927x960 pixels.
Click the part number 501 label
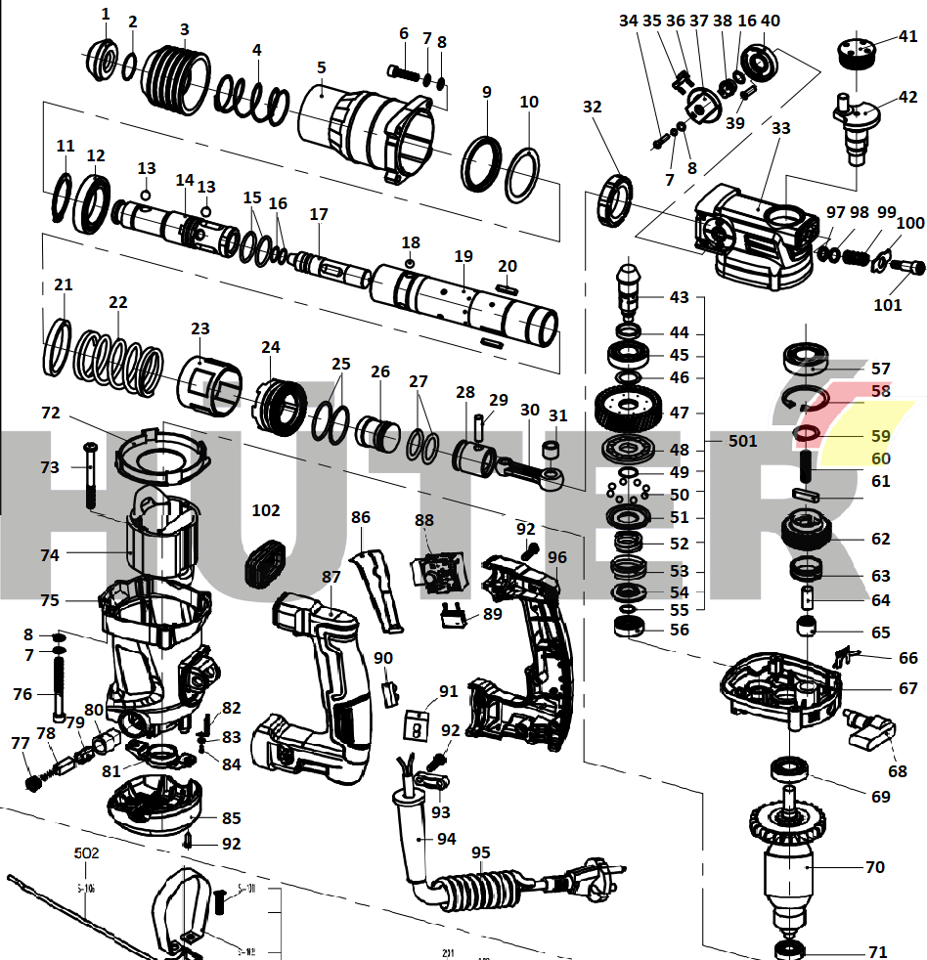tap(742, 441)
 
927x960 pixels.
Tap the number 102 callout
tap(266, 510)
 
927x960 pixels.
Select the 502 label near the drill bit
tap(87, 853)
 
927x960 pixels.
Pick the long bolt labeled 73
tap(90, 474)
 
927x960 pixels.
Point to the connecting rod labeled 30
tap(528, 468)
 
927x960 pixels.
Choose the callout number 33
tap(779, 127)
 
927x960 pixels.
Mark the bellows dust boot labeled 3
tap(177, 74)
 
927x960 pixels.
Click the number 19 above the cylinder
tap(463, 256)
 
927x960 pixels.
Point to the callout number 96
tap(557, 558)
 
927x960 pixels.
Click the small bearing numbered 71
tap(789, 949)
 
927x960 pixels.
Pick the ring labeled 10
tap(524, 172)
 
